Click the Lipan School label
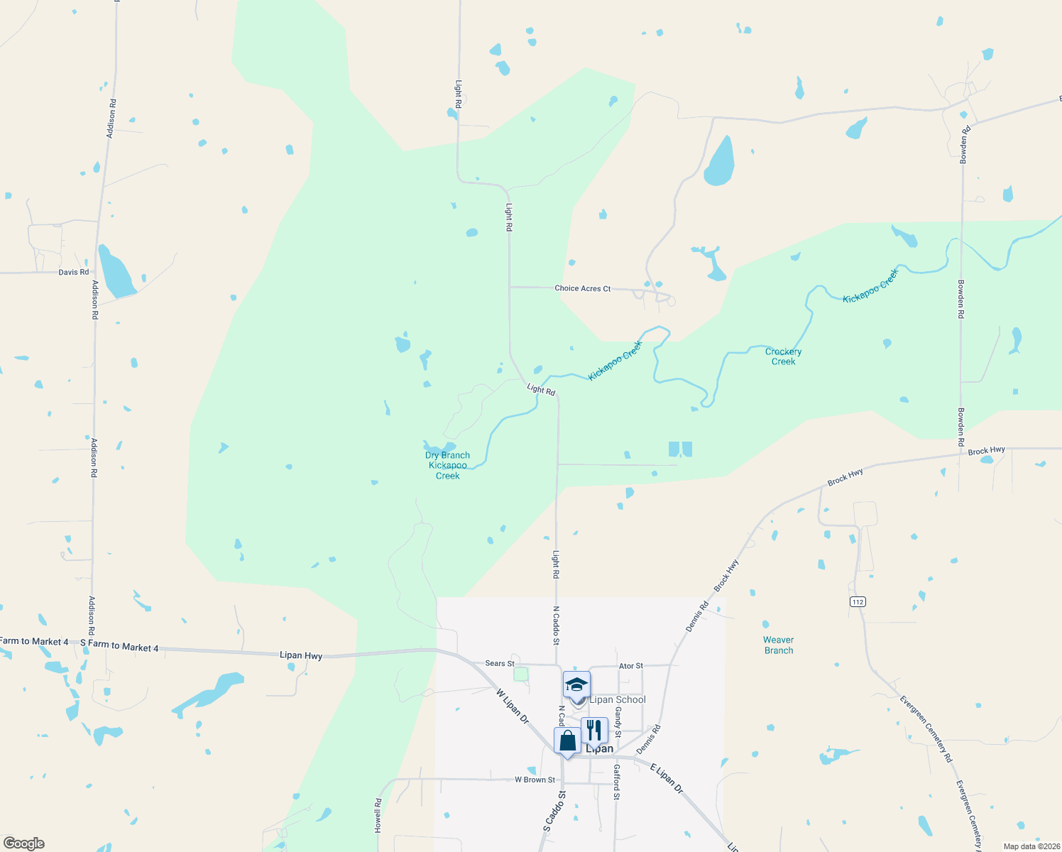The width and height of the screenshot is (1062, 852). coord(618,699)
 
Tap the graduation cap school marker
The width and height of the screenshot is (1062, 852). coord(576,686)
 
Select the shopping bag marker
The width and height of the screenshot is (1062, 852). coord(567,741)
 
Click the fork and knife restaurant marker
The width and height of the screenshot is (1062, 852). coord(594,731)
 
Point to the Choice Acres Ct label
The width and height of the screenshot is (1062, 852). coord(582,288)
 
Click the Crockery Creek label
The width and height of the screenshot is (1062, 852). coord(783,356)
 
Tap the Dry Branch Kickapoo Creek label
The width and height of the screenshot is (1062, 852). coord(447,466)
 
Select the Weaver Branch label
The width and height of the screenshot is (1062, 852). coord(779,645)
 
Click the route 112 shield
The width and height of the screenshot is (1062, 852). coord(858,602)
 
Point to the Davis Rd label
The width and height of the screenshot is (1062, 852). coord(74,272)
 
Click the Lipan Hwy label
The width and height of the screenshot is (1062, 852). coord(301,655)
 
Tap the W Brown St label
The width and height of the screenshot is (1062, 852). coord(535,780)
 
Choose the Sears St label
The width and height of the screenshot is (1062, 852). coord(500,663)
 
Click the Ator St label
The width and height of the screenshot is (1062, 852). coord(631,666)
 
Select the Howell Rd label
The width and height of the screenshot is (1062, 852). coord(378,815)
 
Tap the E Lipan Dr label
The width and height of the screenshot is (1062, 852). coord(667,778)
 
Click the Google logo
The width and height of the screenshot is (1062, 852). coord(24,843)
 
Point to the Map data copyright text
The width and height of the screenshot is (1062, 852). coord(1031,846)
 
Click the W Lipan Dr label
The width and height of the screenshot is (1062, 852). coord(513,706)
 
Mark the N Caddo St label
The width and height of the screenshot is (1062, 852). coord(557,626)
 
